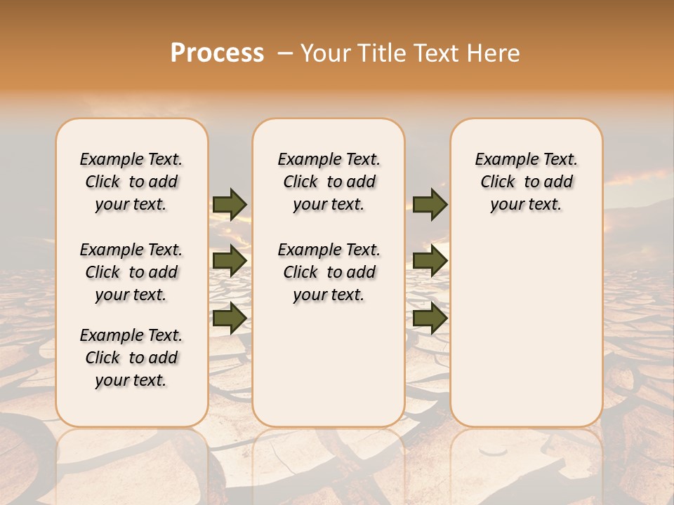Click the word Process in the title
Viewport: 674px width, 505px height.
217,53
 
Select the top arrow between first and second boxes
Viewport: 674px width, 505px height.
230,204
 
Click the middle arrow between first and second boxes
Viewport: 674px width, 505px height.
230,262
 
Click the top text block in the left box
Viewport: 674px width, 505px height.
131,182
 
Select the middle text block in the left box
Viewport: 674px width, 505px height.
131,272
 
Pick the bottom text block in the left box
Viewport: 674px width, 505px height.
131,358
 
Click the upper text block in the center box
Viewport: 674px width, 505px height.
329,182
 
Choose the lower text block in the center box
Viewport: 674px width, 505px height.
329,272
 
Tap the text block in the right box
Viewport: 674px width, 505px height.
526,182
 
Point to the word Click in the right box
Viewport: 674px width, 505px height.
498,182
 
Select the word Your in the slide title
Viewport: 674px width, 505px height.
325,53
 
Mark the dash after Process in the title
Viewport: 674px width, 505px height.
285,53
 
